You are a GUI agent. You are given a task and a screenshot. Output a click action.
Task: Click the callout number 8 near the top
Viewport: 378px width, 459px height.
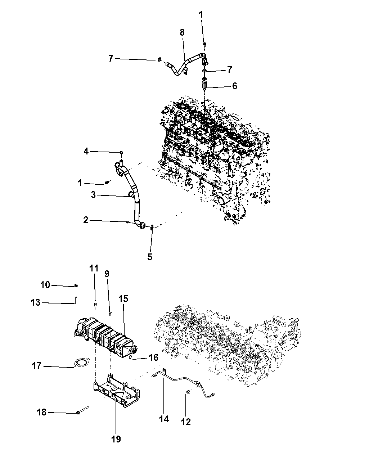[x=182, y=32]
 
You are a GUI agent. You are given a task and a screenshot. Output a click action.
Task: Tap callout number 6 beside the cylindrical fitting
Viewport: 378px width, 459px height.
[x=234, y=86]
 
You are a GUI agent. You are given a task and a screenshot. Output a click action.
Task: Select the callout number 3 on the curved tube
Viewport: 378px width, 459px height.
[x=93, y=195]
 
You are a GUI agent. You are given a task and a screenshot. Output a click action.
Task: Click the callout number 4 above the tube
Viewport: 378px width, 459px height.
[x=86, y=152]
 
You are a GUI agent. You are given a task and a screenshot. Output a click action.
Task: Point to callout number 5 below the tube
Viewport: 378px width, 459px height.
[x=150, y=257]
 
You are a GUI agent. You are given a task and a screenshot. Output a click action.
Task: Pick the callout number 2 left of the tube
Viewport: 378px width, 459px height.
[x=85, y=220]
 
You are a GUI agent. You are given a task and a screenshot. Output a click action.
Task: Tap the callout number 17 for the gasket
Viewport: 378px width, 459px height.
[x=37, y=366]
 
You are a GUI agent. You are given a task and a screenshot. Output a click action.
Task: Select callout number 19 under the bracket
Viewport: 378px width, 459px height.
[x=116, y=439]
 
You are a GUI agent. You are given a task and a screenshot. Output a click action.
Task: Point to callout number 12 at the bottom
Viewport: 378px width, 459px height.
[x=186, y=422]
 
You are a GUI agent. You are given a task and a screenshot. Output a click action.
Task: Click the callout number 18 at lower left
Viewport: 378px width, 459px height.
[x=42, y=412]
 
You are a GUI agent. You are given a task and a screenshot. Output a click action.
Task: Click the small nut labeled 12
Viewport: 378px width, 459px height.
[x=188, y=392]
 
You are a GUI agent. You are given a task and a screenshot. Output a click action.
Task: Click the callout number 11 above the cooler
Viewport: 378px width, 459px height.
[x=94, y=268]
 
